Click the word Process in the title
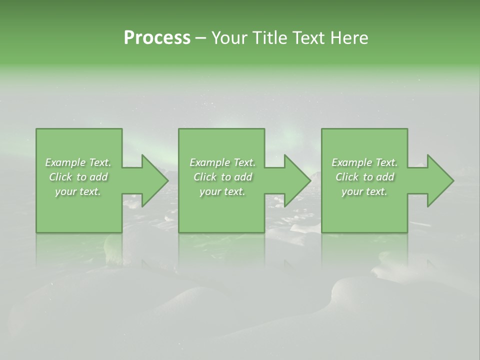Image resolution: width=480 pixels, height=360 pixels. tap(157, 38)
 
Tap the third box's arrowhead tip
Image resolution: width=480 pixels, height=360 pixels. tap(452, 180)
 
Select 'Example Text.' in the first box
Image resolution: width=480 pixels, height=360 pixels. tap(78, 162)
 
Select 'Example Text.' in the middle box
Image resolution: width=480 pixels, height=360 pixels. tap(222, 162)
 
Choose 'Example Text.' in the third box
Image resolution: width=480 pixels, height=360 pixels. tap(364, 162)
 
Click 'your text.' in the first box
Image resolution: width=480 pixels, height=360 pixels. tap(78, 191)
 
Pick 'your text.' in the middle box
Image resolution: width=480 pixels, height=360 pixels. tap(222, 191)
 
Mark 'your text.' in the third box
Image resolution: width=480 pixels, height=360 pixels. tap(364, 191)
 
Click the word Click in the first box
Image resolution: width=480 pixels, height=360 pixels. tap(60, 177)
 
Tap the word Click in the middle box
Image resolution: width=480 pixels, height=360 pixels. tap(205, 177)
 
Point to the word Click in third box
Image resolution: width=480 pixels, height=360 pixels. tap(347, 177)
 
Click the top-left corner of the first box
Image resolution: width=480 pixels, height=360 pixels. tap(36, 129)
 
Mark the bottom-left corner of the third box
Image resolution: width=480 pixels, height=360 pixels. tap(322, 232)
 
